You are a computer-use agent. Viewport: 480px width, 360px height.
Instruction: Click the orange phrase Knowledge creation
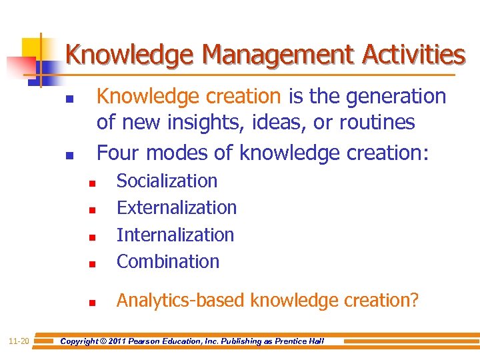(x=189, y=97)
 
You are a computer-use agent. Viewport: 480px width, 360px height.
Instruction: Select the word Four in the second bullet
(x=119, y=153)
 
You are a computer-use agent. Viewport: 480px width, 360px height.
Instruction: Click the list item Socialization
(x=167, y=181)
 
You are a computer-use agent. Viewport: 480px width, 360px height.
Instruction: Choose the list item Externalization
(x=177, y=208)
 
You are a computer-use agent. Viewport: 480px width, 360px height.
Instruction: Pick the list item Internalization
(x=175, y=235)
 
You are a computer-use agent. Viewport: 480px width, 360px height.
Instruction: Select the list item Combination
(x=168, y=262)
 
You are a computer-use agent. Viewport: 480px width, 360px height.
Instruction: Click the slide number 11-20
(x=19, y=341)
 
